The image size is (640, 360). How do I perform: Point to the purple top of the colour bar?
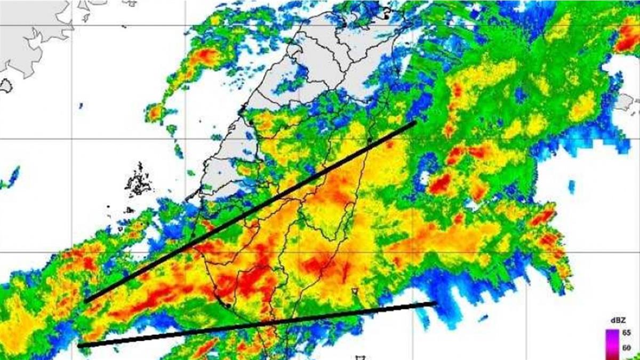(611, 334)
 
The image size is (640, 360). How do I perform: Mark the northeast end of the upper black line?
(414, 123)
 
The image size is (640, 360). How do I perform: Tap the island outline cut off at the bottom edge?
(359, 357)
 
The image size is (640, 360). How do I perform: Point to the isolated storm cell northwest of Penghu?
(155, 113)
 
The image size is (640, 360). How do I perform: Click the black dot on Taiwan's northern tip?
(386, 17)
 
